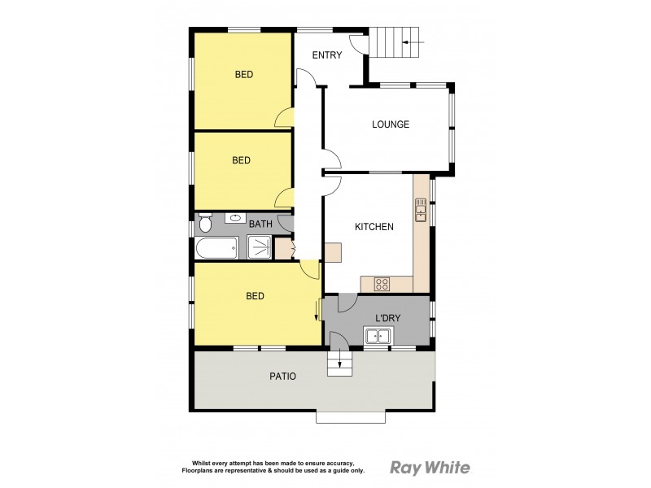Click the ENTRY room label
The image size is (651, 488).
pos(327,55)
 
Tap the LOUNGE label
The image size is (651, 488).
pos(391,124)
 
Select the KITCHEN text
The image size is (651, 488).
pos(374,227)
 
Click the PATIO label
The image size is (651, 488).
pos(282,377)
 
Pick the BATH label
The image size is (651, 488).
pos(260,224)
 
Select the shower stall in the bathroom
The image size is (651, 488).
pos(260,247)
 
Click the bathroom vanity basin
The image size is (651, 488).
pos(236,217)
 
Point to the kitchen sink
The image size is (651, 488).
pos(421,210)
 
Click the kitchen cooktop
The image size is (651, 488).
pos(382,284)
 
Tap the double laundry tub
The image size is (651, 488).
pos(378,336)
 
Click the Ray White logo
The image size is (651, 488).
pos(430,468)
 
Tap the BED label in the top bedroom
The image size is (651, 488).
pos(244,75)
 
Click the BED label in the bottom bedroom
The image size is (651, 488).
pos(256,296)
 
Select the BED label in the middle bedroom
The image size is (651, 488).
pos(242,161)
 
